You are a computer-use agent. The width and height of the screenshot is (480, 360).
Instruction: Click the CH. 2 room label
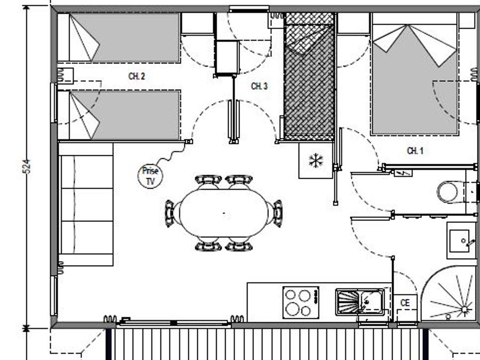(137, 76)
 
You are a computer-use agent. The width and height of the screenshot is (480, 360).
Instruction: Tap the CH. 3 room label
(259, 86)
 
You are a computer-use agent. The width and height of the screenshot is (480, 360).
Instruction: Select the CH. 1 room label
(415, 150)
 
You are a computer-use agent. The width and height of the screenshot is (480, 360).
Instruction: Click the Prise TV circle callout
(150, 176)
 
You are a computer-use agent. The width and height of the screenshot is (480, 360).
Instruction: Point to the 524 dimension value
(27, 166)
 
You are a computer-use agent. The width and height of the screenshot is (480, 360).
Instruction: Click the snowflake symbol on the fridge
(316, 161)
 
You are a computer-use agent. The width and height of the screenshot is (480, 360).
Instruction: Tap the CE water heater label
(405, 303)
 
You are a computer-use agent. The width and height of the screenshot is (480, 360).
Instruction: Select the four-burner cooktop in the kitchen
(301, 302)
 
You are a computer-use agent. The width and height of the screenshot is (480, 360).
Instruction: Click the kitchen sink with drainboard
(359, 302)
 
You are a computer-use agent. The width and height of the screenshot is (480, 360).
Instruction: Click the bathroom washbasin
(461, 241)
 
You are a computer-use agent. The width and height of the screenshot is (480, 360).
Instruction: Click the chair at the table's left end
(170, 213)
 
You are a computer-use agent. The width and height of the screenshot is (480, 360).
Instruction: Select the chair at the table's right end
(277, 213)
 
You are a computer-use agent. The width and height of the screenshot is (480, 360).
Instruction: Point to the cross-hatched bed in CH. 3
(309, 76)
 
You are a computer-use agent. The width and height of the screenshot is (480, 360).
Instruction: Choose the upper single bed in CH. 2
(119, 38)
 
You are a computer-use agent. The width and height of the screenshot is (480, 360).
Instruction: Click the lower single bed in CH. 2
(119, 115)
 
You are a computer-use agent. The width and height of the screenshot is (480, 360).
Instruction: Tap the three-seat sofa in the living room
(86, 204)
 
